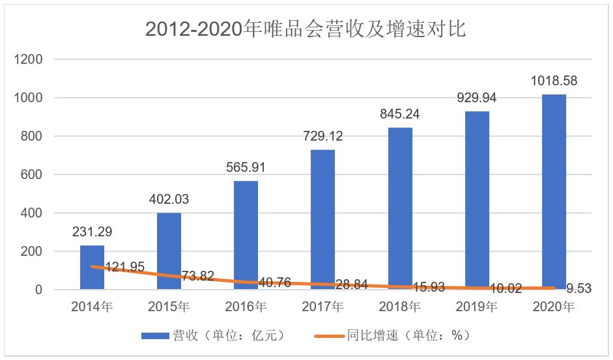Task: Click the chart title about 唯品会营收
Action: (x=306, y=29)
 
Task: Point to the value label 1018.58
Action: (x=554, y=81)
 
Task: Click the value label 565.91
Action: (x=246, y=167)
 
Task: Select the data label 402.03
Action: (x=169, y=199)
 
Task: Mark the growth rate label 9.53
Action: (x=578, y=287)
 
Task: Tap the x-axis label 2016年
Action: (x=246, y=307)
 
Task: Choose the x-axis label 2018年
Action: (x=400, y=307)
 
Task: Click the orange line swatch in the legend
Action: (x=328, y=336)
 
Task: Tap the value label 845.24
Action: (x=400, y=114)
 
